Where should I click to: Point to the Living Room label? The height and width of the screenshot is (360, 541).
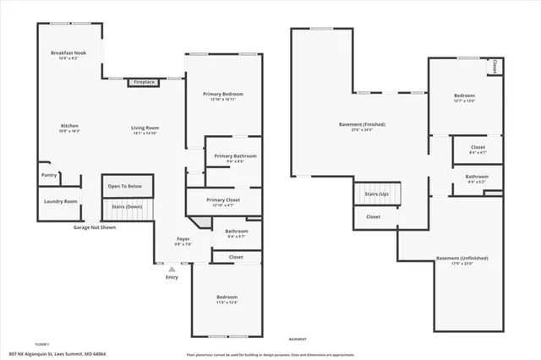tap(145, 128)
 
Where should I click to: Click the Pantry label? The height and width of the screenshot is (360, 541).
tap(49, 176)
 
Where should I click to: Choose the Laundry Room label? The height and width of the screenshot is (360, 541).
tap(59, 201)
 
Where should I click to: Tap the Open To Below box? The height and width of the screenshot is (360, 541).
tap(124, 186)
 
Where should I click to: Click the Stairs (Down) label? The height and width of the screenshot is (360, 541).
tap(124, 206)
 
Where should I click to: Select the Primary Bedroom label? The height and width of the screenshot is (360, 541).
tap(222, 93)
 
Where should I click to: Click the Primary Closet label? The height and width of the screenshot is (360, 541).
tap(224, 199)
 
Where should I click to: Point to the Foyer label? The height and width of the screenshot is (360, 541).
tap(183, 239)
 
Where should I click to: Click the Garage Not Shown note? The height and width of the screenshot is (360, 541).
tap(95, 227)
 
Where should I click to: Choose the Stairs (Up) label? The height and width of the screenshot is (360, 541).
tap(376, 194)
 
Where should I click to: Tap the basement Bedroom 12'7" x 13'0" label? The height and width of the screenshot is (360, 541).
tap(464, 95)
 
